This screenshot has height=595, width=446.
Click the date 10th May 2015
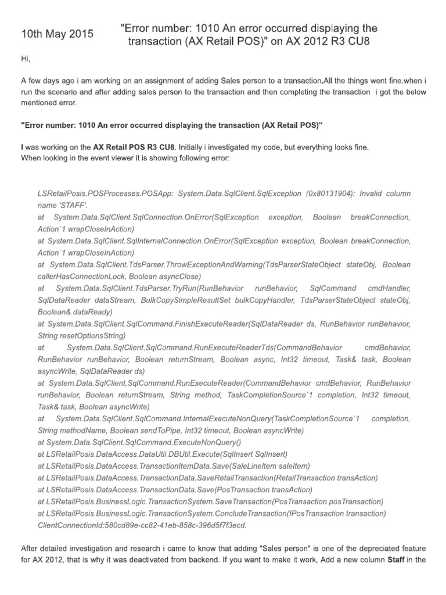57,34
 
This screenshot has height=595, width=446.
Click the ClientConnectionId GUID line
142,525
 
